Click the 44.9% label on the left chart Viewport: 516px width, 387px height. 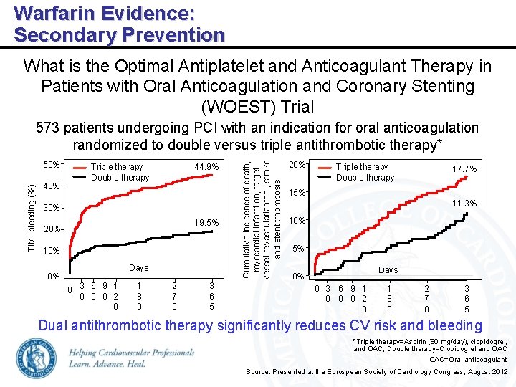coord(206,167)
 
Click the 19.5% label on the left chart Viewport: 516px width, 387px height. coord(206,223)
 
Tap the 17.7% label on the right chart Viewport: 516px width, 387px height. coord(464,169)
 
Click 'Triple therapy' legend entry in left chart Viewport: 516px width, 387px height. coord(117,167)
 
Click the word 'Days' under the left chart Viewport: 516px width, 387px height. coord(138,268)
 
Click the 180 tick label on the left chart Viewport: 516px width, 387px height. coord(138,296)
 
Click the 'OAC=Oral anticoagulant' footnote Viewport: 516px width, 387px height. coord(468,360)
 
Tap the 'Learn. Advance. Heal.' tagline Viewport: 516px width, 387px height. coord(107,364)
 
